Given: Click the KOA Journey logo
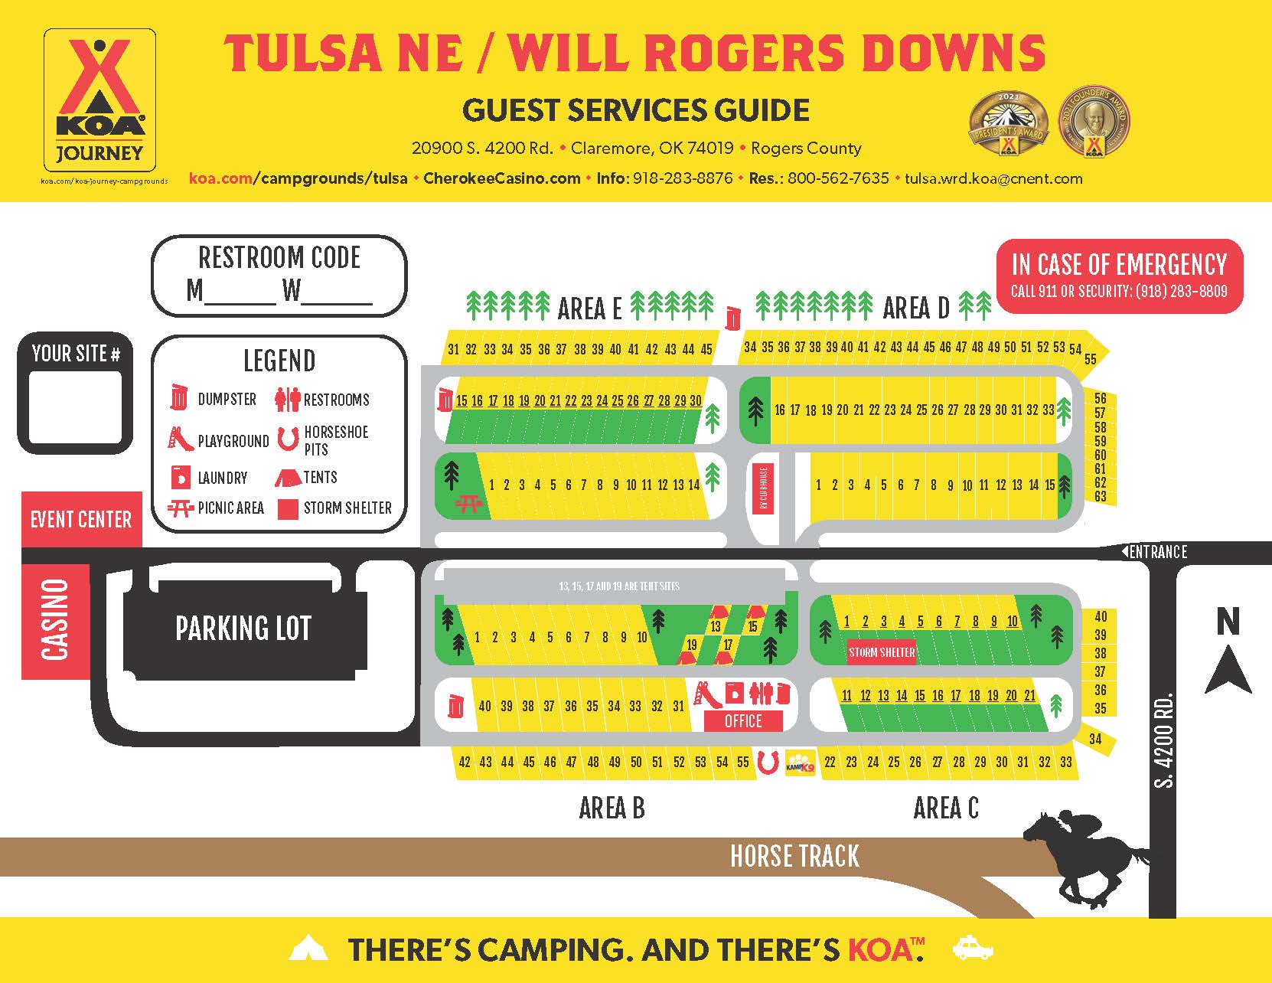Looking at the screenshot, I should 99,100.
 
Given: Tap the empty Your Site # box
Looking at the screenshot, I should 75,407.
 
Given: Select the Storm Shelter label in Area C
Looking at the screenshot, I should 882,652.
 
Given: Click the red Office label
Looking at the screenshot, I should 743,721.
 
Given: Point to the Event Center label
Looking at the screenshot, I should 81,520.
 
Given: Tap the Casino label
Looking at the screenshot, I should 55,621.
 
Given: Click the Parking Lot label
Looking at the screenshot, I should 243,629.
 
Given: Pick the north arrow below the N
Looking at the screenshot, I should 1228,669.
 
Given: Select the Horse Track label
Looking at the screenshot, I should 794,856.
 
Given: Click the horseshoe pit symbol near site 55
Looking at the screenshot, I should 768,763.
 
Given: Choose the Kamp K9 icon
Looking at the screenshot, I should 801,763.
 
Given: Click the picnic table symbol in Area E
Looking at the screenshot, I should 468,503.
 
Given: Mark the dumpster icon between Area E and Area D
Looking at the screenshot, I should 733,317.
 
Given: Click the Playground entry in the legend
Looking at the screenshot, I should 219,440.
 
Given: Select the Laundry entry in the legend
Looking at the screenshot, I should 208,478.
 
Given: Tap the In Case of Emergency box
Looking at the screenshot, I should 1119,276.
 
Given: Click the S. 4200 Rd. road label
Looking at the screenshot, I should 1164,741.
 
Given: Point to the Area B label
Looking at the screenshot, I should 612,808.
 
